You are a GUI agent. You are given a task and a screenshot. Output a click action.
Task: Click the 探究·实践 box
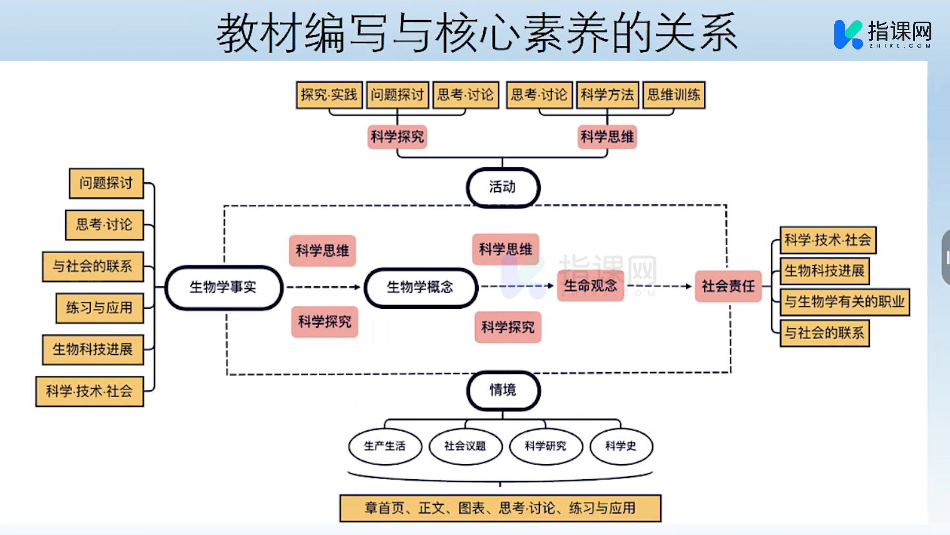[329, 95]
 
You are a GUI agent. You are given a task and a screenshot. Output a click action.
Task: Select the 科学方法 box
[607, 95]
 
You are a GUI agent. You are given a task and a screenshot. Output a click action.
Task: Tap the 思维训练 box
[673, 95]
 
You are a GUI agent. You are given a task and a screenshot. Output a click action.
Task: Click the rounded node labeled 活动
[503, 187]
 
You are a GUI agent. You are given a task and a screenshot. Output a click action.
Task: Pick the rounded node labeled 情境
[503, 390]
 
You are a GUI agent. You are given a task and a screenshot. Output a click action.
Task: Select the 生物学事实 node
[223, 288]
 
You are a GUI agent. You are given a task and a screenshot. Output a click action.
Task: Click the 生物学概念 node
[421, 288]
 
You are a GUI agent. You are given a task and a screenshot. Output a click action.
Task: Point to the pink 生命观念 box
[590, 286]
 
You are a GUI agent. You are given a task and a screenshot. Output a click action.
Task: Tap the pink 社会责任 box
[728, 286]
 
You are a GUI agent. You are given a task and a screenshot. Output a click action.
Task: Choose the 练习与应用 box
[100, 308]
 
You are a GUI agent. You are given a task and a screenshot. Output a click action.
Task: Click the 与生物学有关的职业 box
[844, 302]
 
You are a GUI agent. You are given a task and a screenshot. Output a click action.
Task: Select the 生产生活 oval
[385, 446]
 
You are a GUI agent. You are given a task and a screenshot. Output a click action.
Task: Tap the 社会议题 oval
[465, 446]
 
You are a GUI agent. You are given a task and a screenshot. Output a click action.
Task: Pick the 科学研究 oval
[546, 446]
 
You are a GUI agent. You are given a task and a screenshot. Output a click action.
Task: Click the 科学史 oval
[621, 446]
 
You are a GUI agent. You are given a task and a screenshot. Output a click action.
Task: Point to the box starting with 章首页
[500, 508]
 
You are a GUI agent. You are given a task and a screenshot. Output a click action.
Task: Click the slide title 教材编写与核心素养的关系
[477, 33]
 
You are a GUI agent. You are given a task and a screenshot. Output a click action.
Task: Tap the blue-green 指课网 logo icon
[848, 34]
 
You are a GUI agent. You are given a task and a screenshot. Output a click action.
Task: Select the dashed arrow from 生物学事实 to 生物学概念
[323, 288]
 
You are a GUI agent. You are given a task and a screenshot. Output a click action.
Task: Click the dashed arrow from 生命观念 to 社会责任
[658, 286]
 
